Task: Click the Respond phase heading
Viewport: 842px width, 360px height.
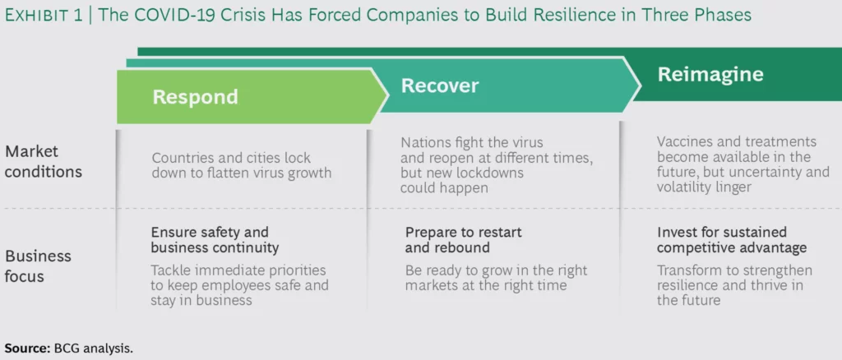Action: click(195, 97)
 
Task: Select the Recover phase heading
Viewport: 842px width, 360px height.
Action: click(440, 85)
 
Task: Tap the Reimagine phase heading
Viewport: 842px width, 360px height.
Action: click(710, 75)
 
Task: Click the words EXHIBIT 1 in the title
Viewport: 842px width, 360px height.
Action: click(44, 15)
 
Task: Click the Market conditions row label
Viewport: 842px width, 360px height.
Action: click(44, 161)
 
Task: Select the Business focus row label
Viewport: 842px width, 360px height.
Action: click(38, 266)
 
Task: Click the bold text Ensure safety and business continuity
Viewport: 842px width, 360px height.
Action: click(215, 240)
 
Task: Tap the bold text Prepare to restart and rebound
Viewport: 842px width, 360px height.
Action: click(464, 240)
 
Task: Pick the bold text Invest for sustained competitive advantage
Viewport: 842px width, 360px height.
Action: click(732, 240)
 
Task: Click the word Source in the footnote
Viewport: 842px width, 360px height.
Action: click(25, 348)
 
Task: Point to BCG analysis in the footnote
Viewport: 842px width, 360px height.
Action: click(94, 348)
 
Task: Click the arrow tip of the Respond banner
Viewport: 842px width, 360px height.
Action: click(387, 96)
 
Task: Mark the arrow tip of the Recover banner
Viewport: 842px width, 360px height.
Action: click(640, 85)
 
